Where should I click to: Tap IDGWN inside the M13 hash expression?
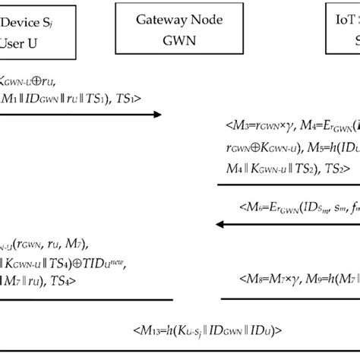(x=199, y=330)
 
